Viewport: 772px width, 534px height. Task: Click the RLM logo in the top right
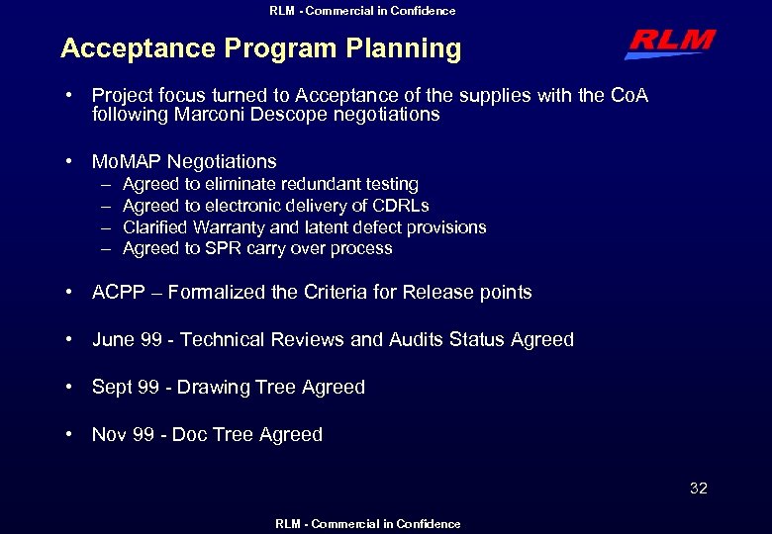coord(670,43)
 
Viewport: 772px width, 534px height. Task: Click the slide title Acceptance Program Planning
coord(260,48)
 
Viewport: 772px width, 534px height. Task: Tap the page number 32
coord(698,489)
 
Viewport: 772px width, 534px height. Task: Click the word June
coord(113,340)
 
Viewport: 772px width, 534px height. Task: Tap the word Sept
coord(112,388)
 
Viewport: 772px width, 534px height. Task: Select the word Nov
coord(109,435)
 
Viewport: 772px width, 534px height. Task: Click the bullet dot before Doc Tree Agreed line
coord(69,435)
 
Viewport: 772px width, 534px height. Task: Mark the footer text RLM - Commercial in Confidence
coord(367,524)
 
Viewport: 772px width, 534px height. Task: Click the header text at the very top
coord(362,11)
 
